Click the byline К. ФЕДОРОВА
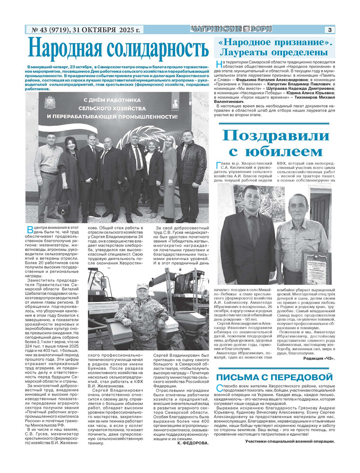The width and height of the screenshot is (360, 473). tap(192, 443)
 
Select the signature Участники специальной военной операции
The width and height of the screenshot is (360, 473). tap(290, 441)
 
